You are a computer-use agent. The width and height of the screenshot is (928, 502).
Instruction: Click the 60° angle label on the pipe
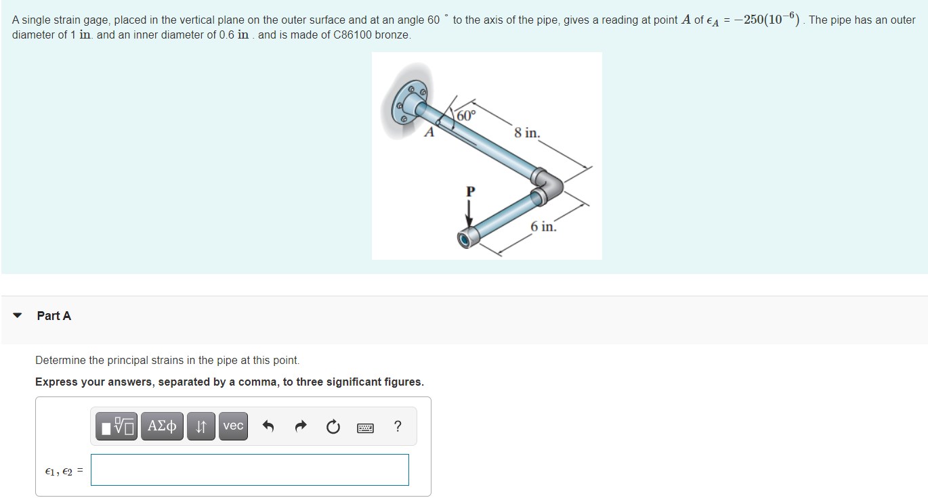(x=467, y=116)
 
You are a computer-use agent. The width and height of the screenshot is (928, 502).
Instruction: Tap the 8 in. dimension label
(x=527, y=133)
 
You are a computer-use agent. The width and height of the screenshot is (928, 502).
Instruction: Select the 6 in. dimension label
(x=543, y=227)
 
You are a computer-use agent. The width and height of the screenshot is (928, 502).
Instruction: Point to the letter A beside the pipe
(x=429, y=133)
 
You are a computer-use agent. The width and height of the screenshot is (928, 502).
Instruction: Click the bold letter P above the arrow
(x=470, y=191)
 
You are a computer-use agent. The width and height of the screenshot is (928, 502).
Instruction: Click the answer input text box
(x=250, y=470)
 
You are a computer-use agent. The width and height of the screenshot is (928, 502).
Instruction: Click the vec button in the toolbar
(x=233, y=426)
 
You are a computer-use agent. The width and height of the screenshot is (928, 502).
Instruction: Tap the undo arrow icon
(x=268, y=426)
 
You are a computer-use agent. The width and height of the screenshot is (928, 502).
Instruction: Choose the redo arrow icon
(x=301, y=426)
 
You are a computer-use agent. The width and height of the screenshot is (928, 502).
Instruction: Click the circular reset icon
(x=333, y=426)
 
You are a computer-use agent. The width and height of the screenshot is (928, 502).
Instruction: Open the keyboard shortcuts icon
(x=365, y=428)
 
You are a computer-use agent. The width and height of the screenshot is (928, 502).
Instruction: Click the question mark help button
(x=398, y=426)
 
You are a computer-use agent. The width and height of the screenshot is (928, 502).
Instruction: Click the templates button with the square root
(x=117, y=426)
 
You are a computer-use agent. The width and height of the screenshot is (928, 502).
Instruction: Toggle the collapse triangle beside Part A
(x=18, y=315)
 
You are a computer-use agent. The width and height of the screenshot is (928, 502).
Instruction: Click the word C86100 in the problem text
(x=352, y=35)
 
